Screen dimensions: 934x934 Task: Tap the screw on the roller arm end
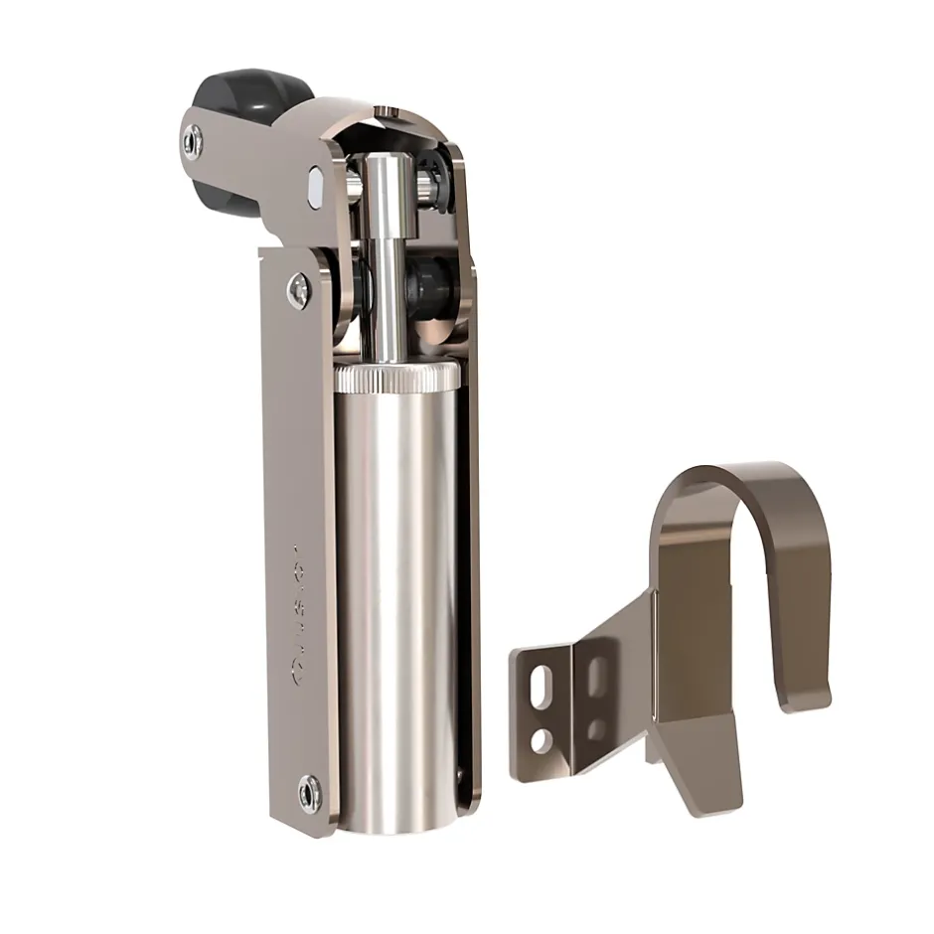(x=193, y=142)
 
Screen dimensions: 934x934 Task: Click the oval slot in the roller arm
(x=316, y=186)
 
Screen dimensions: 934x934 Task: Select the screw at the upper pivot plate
(x=298, y=290)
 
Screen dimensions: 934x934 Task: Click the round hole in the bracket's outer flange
(x=541, y=740)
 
